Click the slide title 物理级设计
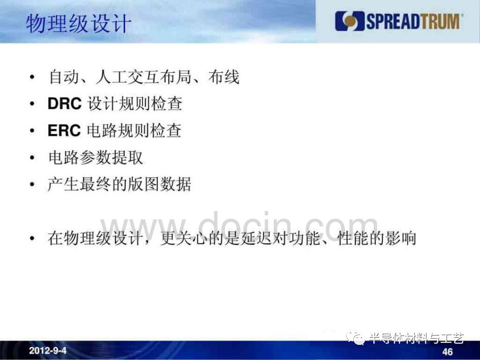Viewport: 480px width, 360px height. [79, 24]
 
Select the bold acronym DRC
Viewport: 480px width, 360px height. [64, 104]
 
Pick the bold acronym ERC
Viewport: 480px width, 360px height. [64, 130]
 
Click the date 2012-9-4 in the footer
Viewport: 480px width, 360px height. [48, 350]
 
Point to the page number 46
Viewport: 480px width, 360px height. [447, 352]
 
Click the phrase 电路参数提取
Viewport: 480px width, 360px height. [96, 158]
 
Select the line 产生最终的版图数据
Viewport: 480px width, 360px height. [120, 184]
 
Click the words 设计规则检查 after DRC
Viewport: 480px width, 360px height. [135, 104]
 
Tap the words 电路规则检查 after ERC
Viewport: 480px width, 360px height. [134, 130]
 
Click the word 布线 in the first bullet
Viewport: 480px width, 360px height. [224, 76]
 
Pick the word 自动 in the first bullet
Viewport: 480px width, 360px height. [64, 76]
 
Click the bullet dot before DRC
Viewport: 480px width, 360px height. [32, 104]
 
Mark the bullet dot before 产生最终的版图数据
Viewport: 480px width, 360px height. [32, 184]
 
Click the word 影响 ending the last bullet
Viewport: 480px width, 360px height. [401, 238]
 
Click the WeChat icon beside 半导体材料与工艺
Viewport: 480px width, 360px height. [356, 337]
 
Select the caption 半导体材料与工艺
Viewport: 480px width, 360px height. [416, 338]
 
